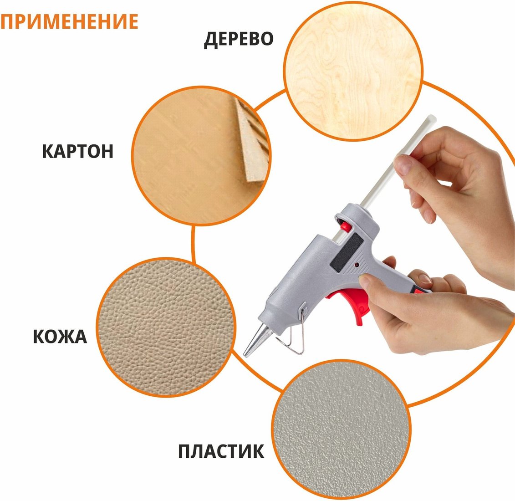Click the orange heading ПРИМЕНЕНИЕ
pyautogui.click(x=69, y=22)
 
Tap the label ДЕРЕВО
pyautogui.click(x=239, y=40)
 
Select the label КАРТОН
pyautogui.click(x=78, y=151)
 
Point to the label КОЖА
pyautogui.click(x=60, y=337)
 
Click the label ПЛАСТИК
pyautogui.click(x=221, y=451)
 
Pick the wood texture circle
pyautogui.click(x=353, y=71)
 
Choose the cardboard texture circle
pyautogui.click(x=201, y=156)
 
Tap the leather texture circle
pyautogui.click(x=166, y=327)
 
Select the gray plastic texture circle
pyautogui.click(x=342, y=429)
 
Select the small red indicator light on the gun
pyautogui.click(x=357, y=265)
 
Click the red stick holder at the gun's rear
pyautogui.click(x=345, y=226)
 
